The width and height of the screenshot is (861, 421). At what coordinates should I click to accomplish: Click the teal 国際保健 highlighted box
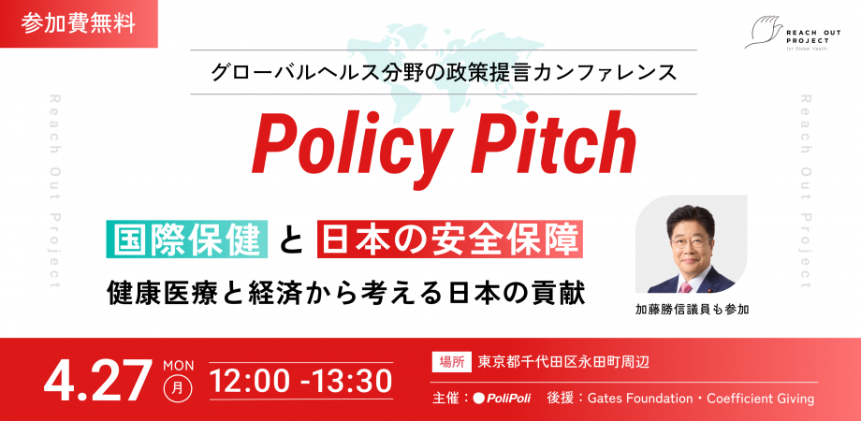click(x=189, y=240)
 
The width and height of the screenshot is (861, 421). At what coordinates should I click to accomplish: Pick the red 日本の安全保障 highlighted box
click(x=450, y=240)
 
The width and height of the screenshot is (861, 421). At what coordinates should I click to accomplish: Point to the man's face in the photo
click(x=691, y=238)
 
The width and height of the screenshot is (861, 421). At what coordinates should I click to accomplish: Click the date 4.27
click(x=97, y=380)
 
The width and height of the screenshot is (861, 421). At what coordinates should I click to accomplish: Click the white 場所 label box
click(x=451, y=362)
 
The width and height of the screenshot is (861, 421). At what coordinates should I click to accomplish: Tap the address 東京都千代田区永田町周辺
click(x=563, y=362)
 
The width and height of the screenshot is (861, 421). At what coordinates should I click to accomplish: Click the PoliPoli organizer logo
click(x=502, y=399)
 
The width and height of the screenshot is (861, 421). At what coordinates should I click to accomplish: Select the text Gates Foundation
click(x=640, y=399)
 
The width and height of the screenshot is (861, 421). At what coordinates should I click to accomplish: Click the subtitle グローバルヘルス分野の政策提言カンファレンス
click(x=443, y=71)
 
